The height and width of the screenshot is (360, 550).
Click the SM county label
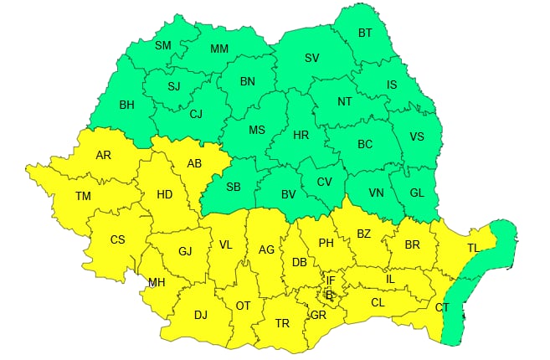[163, 45]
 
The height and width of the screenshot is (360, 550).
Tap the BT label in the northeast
[365, 33]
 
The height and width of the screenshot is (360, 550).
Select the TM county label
[83, 196]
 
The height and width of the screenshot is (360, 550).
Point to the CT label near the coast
[442, 308]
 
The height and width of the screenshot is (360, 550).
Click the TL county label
[474, 249]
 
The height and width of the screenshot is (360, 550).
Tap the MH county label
[157, 282]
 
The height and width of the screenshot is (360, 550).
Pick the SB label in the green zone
[234, 187]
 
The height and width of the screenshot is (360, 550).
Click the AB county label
[194, 163]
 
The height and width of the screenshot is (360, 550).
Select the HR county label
[301, 135]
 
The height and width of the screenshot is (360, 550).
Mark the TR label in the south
[282, 323]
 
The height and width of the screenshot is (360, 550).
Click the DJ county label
[201, 315]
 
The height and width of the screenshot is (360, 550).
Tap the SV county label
[312, 58]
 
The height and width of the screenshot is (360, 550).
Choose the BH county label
[127, 105]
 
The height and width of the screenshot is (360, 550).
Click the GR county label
[318, 316]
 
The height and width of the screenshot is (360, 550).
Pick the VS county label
[417, 137]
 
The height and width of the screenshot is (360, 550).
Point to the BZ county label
[363, 234]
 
